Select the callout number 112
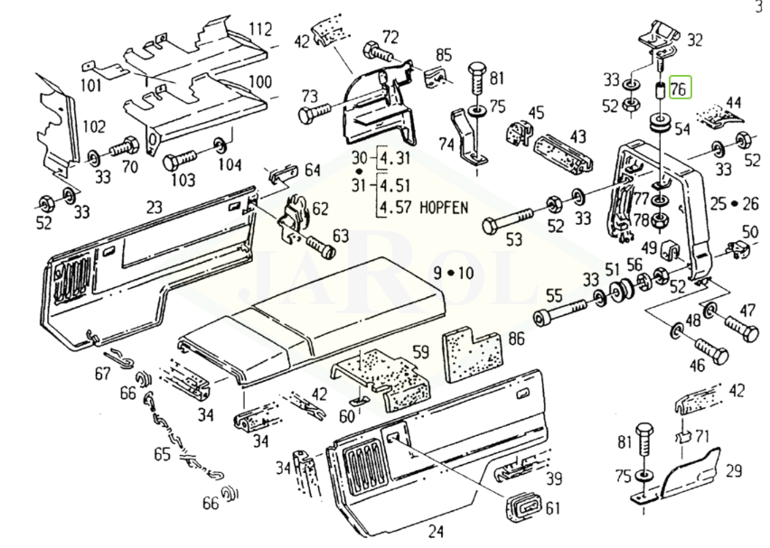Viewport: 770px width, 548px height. (x=260, y=30)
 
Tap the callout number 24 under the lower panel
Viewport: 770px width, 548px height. (x=436, y=530)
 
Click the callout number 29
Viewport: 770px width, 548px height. (x=733, y=469)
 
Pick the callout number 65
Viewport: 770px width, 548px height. (x=162, y=454)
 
